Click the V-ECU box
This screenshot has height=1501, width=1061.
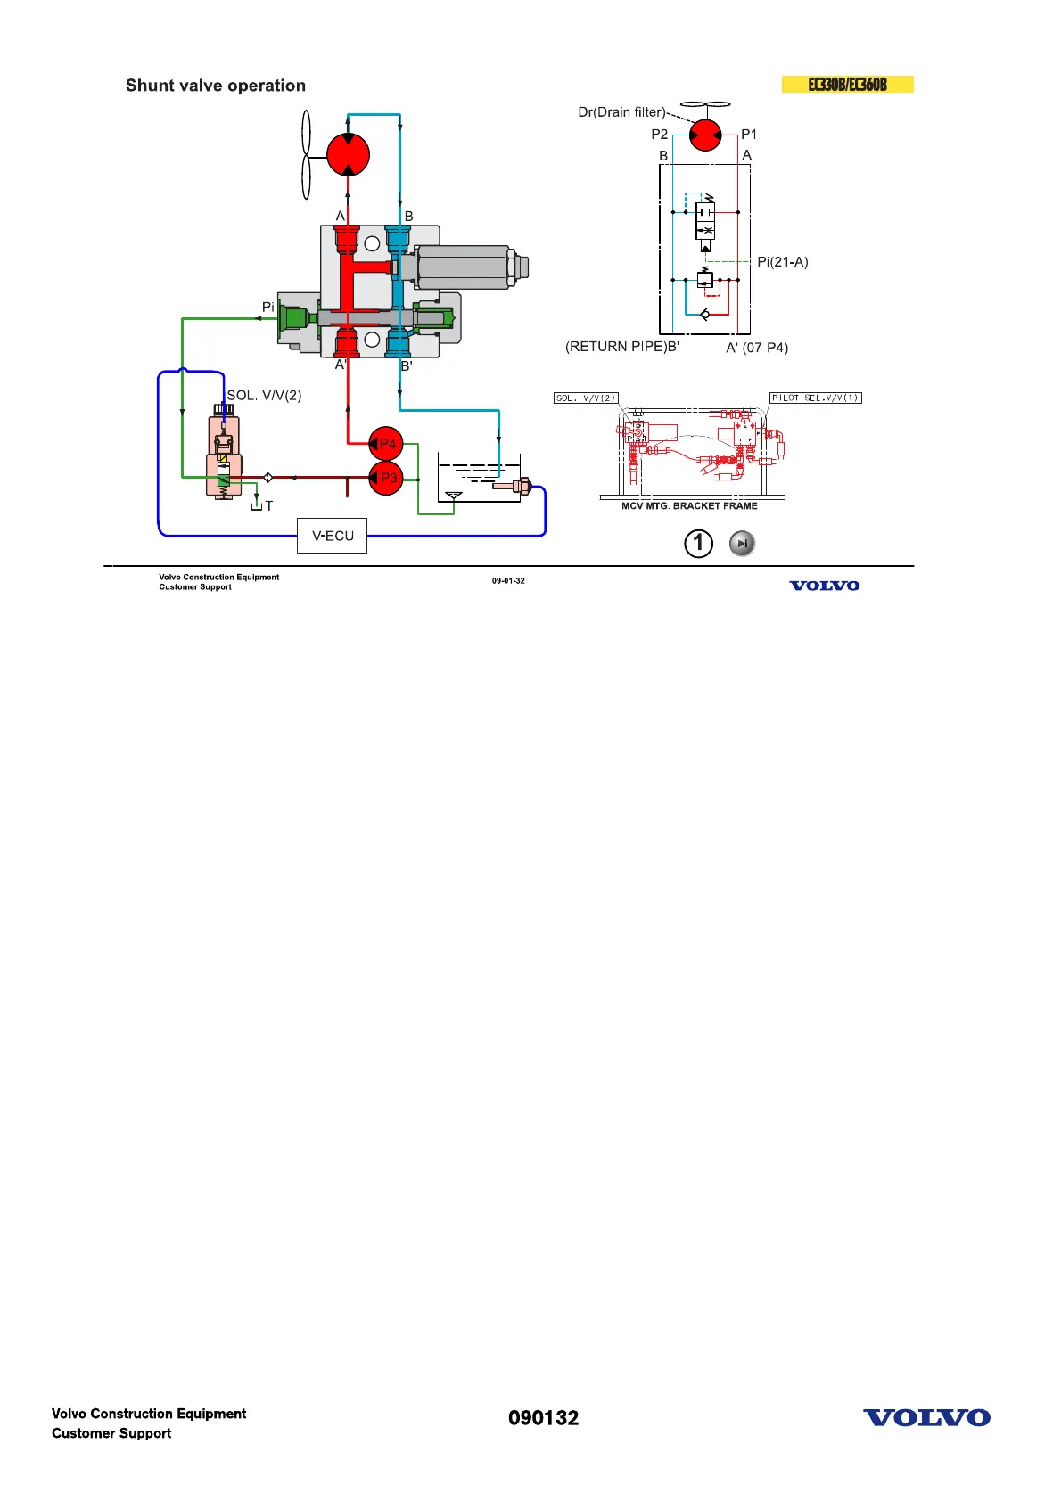[332, 536]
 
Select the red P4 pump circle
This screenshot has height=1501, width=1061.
[386, 443]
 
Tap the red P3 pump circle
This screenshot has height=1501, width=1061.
[386, 478]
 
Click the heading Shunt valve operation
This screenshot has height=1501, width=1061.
[216, 86]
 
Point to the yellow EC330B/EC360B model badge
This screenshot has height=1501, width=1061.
[847, 85]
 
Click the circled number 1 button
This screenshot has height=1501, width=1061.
[698, 543]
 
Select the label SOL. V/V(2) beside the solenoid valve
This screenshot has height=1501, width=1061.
[264, 395]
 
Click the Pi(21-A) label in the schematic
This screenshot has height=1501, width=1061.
[782, 262]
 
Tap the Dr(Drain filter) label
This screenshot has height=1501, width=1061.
[621, 112]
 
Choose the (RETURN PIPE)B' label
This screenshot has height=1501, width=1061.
[621, 347]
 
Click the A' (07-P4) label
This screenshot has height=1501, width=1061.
[757, 348]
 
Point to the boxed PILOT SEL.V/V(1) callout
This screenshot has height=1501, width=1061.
[815, 398]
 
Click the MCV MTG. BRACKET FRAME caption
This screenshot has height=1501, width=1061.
[689, 506]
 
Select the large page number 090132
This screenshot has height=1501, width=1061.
[543, 1418]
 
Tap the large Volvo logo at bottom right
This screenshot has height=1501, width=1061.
[926, 1418]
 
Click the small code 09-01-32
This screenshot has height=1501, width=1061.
[508, 581]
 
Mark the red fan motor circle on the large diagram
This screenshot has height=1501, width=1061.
[348, 154]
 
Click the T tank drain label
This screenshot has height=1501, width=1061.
[268, 506]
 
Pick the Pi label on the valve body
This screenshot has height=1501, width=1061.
[267, 308]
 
